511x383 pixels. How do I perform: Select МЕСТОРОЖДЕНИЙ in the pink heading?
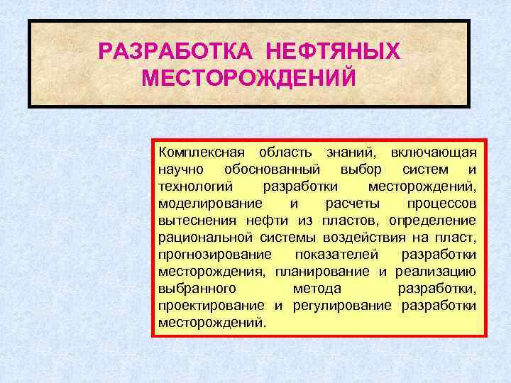pos(248,77)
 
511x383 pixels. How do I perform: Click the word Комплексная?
pos(202,152)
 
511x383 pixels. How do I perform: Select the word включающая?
pos(434,152)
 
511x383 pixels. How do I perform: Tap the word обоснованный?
pos(272,170)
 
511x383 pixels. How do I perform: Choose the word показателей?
pos(336,255)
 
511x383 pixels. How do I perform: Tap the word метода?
pos(317,289)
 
